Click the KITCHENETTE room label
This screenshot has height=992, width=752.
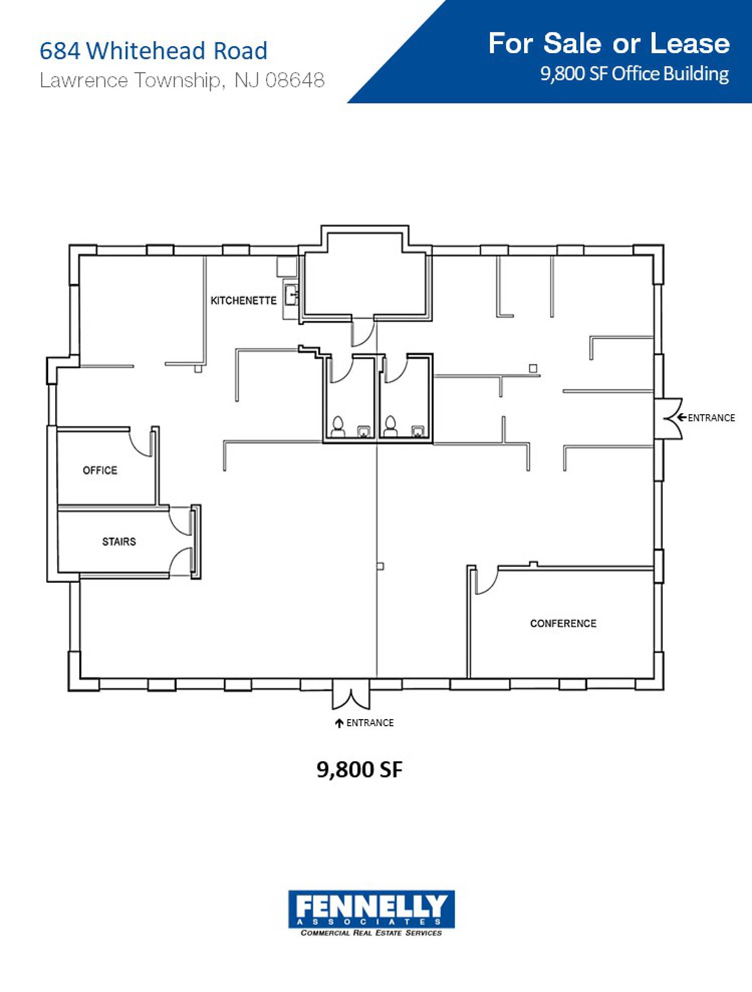(243, 301)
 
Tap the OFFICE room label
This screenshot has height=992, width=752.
(100, 470)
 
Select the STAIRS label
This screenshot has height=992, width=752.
(119, 542)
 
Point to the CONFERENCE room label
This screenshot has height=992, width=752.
(563, 623)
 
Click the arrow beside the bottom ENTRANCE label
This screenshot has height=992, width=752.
(340, 723)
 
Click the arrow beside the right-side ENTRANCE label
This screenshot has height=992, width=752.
(682, 417)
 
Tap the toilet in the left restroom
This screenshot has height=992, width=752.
(338, 426)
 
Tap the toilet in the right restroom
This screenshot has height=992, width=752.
(391, 426)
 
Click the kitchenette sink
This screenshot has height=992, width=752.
(291, 296)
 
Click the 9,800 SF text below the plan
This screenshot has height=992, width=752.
(359, 770)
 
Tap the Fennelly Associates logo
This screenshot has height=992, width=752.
(371, 913)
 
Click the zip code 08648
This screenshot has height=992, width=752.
(295, 80)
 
